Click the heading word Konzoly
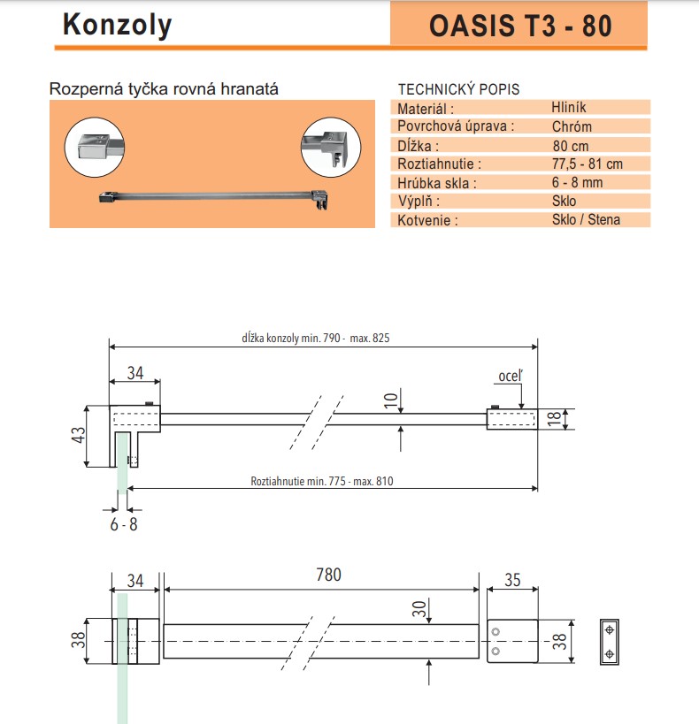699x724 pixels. [x=117, y=26]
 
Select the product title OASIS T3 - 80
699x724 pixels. [x=519, y=26]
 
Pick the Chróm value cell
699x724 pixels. [x=572, y=126]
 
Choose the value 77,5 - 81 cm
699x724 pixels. [x=588, y=164]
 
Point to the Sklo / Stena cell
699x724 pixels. [x=586, y=219]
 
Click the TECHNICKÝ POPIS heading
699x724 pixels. [x=458, y=89]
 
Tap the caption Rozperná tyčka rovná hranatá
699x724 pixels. [x=165, y=89]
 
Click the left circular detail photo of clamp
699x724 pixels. [x=96, y=146]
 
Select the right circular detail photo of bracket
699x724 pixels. [x=331, y=146]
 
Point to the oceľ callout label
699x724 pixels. [x=510, y=377]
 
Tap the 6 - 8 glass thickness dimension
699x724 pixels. [x=123, y=524]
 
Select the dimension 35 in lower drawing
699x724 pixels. [x=512, y=580]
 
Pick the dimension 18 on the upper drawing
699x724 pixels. [x=554, y=419]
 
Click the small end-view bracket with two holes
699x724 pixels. [x=610, y=640]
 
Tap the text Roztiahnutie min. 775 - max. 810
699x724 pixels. [x=321, y=482]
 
